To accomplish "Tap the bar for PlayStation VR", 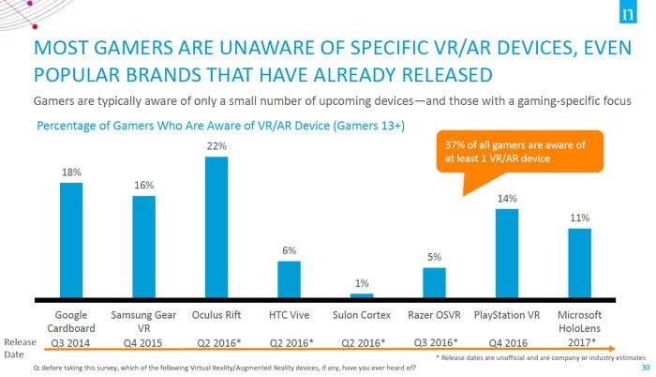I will [x=507, y=254].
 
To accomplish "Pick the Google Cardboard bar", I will [x=71, y=241].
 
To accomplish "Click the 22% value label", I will [x=216, y=146].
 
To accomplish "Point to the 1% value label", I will [x=362, y=283].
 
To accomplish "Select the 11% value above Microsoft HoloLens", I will [x=579, y=218].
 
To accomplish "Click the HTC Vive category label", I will [x=289, y=314].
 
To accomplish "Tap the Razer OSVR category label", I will [x=434, y=314].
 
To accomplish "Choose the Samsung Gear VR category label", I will [x=144, y=322].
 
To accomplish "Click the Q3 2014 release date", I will [x=71, y=343].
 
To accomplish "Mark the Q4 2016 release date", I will [x=507, y=343].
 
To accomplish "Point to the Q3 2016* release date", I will [x=434, y=342].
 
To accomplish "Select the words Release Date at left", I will [x=19, y=348].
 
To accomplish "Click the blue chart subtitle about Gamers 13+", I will [x=219, y=126].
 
